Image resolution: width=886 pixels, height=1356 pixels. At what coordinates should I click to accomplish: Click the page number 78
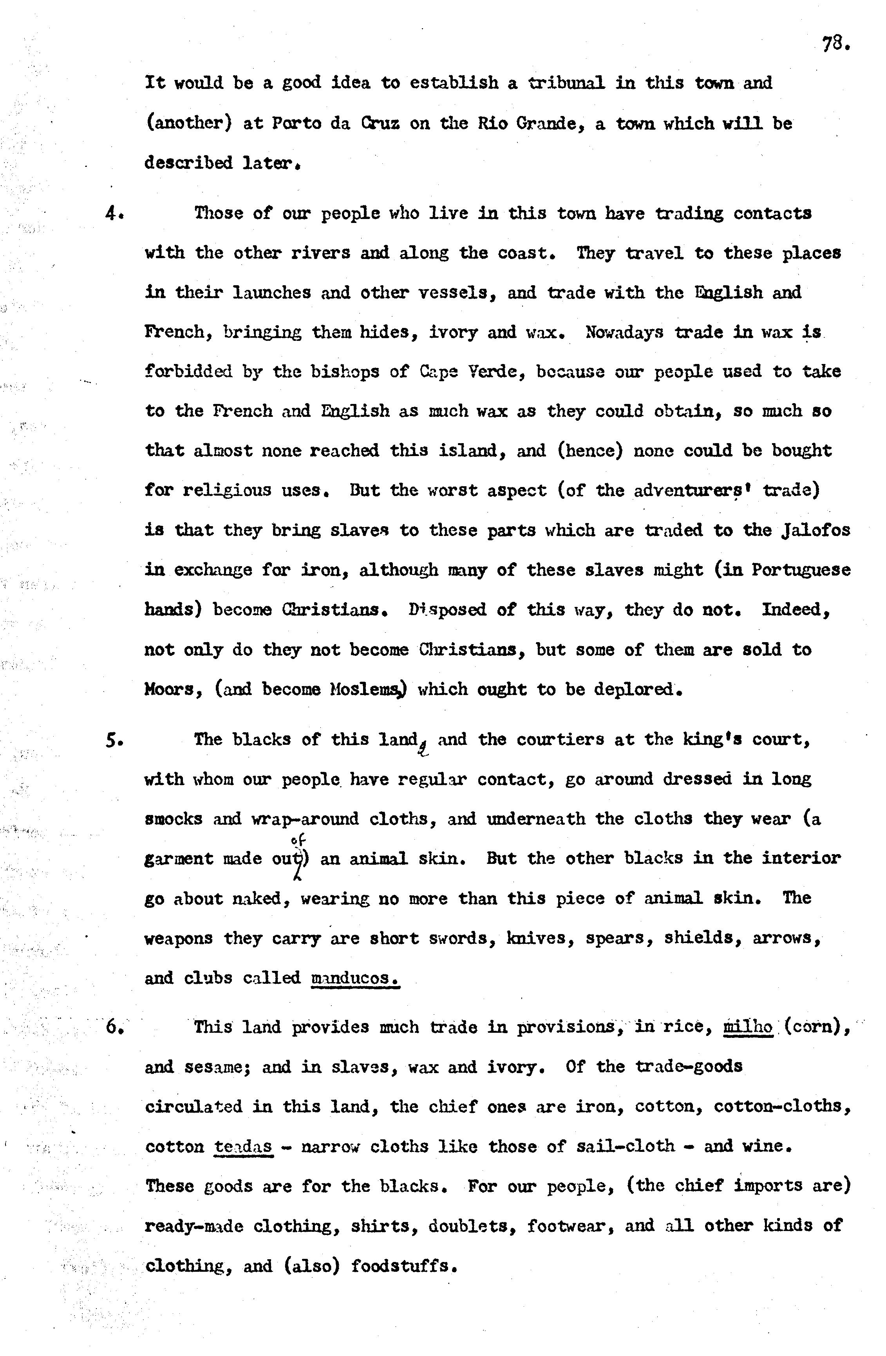(835, 44)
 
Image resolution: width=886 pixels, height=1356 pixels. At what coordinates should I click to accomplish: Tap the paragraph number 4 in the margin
(111, 214)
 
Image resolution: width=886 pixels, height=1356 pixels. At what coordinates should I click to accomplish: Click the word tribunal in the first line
(566, 83)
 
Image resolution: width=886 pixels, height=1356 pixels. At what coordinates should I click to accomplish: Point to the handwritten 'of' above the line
(296, 839)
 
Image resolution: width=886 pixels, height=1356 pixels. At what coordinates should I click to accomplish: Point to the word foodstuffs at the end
(403, 1266)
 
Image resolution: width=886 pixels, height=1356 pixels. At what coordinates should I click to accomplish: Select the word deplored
(637, 690)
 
